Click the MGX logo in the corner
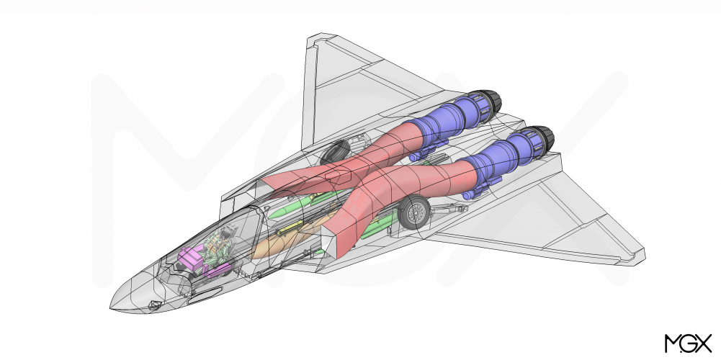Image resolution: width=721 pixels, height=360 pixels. coord(688,343)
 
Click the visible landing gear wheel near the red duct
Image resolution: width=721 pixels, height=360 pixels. coord(414,212)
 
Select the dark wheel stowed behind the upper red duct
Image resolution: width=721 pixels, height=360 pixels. coord(335,152)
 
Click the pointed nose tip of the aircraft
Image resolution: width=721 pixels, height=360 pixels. coord(111,307)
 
